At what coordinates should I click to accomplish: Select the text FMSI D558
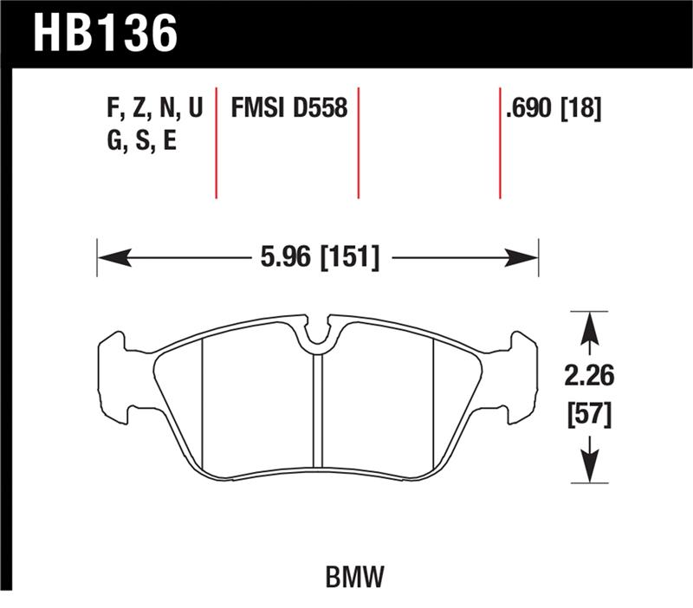point(288,108)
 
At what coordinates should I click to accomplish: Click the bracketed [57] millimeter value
point(591,415)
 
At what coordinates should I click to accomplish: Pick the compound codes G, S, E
point(139,140)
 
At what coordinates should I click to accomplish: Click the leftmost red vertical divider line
point(216,143)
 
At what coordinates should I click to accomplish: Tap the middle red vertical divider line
point(358,143)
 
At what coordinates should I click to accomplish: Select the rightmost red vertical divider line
point(500,143)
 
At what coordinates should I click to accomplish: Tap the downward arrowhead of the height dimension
point(590,469)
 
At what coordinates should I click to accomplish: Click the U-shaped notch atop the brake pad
point(319,333)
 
